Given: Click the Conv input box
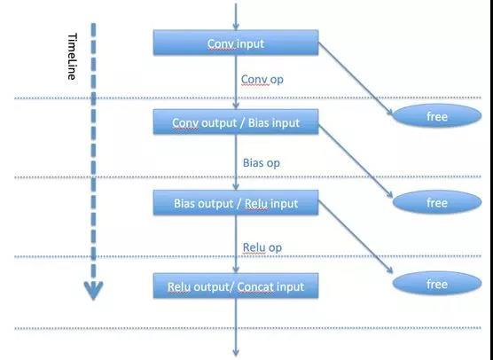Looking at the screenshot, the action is pos(236,43).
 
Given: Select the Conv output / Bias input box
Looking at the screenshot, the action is pos(236,122).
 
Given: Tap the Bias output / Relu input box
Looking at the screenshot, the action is pos(236,203).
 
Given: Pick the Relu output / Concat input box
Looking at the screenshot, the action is pos(236,286).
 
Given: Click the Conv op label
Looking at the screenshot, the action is pos(262,80).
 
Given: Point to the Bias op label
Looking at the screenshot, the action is pos(262,163).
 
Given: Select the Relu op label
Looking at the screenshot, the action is pos(262,247).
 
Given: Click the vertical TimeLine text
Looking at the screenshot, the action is pos(72,57).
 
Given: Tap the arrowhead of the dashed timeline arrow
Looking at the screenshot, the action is pos(93,291).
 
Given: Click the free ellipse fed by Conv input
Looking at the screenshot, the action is pos(437,116).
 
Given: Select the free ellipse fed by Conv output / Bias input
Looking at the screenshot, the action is pos(437,202).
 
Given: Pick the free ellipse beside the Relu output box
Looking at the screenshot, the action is pos(437,284).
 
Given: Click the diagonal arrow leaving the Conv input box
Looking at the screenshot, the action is pos(356,79).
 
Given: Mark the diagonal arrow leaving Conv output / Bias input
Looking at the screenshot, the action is pos(356,161).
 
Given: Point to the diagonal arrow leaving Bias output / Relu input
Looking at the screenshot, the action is pos(356,237).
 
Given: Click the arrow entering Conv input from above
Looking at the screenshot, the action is pos(236,16).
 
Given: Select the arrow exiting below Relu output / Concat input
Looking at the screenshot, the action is pos(236,327).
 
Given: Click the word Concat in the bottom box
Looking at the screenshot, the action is pos(255,286).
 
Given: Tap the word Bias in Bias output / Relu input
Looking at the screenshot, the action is pos(184,203).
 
